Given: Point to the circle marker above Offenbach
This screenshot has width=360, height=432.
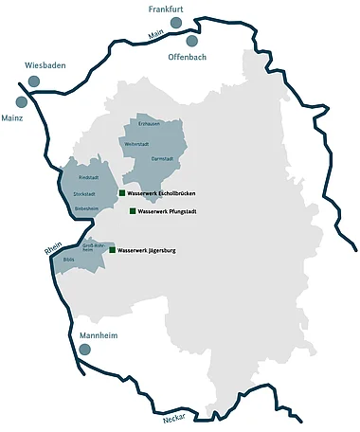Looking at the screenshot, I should click(x=192, y=41).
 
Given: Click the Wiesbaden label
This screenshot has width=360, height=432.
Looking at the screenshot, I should click(x=45, y=65).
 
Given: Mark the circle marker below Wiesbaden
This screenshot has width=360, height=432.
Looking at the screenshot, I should click(x=33, y=81).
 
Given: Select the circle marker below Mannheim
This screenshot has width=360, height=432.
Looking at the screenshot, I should click(x=84, y=350).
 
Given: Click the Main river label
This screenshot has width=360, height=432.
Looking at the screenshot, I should click(x=144, y=35).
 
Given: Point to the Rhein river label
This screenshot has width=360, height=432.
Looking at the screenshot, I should click(x=53, y=250).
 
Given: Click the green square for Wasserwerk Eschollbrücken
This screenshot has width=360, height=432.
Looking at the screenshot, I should click(x=121, y=193).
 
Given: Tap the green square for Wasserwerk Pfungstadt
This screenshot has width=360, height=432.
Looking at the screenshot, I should click(x=132, y=211).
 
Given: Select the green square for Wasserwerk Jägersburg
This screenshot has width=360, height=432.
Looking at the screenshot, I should click(x=112, y=251).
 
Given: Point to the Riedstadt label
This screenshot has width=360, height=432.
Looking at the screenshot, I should click(x=89, y=177).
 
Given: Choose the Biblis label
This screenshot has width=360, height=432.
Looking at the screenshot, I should click(x=67, y=258).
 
